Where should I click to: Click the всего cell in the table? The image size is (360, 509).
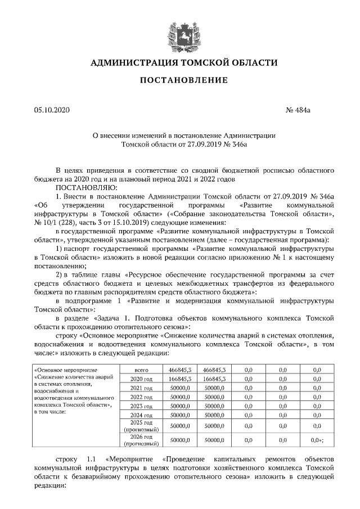tap(142, 370)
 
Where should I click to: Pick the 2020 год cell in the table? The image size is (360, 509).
tap(142, 379)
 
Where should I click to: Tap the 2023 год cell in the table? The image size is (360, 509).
tap(142, 406)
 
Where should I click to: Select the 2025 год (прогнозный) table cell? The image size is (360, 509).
tap(142, 426)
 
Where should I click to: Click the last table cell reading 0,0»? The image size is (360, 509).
tap(317, 440)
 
